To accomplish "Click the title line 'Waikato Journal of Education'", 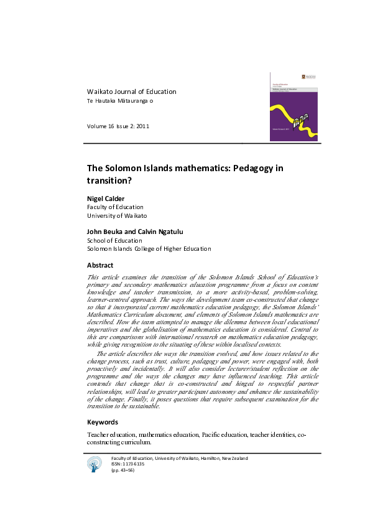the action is (x=131, y=91).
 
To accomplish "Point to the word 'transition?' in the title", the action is (x=110, y=180).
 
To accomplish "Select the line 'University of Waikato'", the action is (x=117, y=215).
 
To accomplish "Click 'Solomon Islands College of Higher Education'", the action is (x=149, y=249).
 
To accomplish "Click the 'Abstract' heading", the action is (x=99, y=265).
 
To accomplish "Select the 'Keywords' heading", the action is (x=103, y=422).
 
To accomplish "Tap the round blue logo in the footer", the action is (x=95, y=463).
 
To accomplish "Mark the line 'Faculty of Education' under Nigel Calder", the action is (x=115, y=207).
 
